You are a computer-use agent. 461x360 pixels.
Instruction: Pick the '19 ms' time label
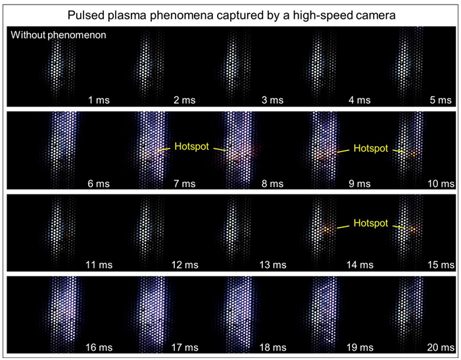pos(358,347)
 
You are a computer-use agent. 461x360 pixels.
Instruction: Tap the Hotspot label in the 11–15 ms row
pos(371,223)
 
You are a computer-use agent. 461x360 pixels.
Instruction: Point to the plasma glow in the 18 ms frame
pos(234,309)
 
